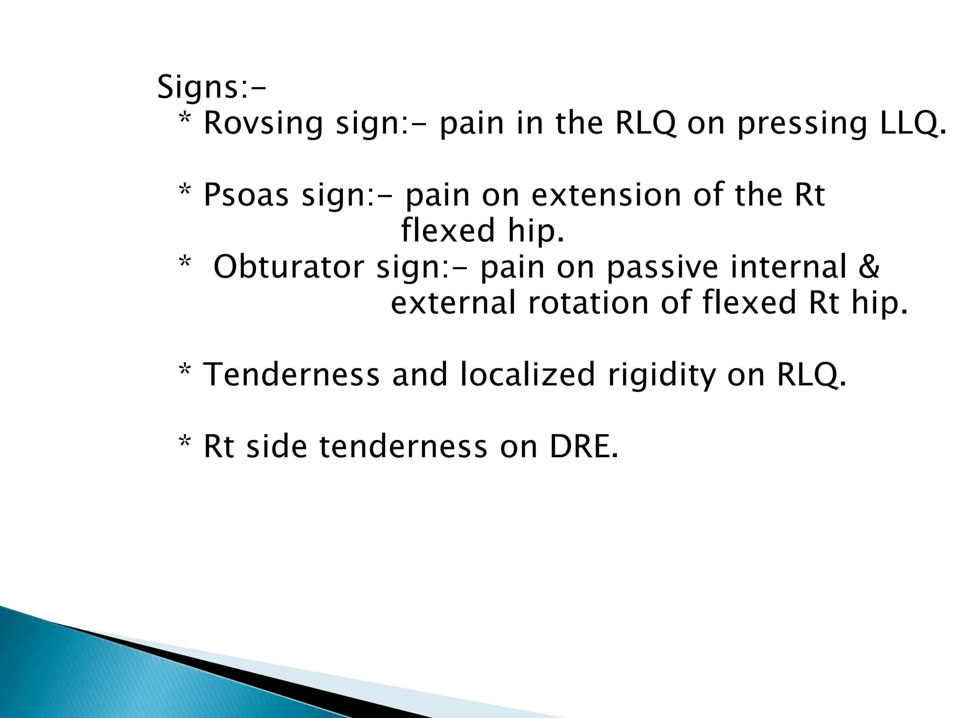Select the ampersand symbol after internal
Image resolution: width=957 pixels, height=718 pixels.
pos(869,267)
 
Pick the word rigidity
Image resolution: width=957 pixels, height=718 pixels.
pos(662,375)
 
